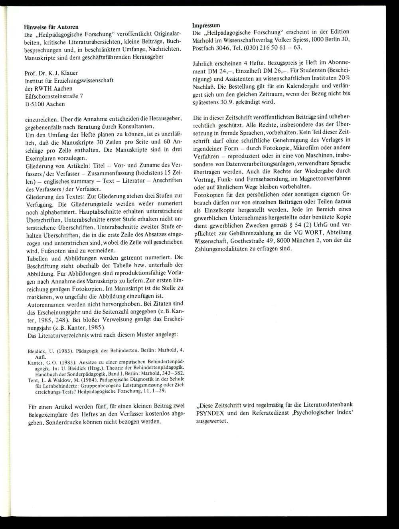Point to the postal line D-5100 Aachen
[x=45, y=104]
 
